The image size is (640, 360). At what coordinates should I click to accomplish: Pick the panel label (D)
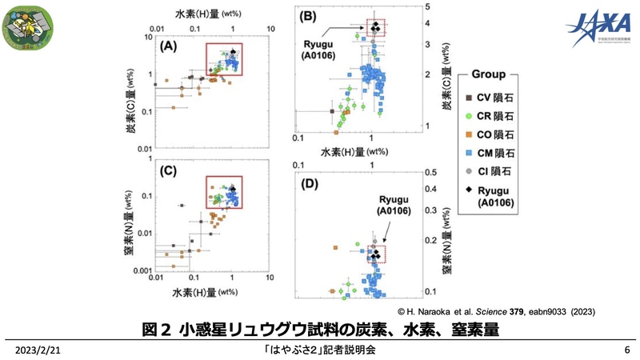pyautogui.click(x=308, y=186)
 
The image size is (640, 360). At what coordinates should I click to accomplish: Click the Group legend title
pyautogui.click(x=487, y=75)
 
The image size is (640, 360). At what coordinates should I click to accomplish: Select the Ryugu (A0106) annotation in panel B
pyautogui.click(x=318, y=49)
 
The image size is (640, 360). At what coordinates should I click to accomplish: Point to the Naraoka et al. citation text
pyautogui.click(x=495, y=310)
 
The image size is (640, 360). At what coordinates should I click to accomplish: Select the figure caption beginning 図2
pyautogui.click(x=320, y=328)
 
